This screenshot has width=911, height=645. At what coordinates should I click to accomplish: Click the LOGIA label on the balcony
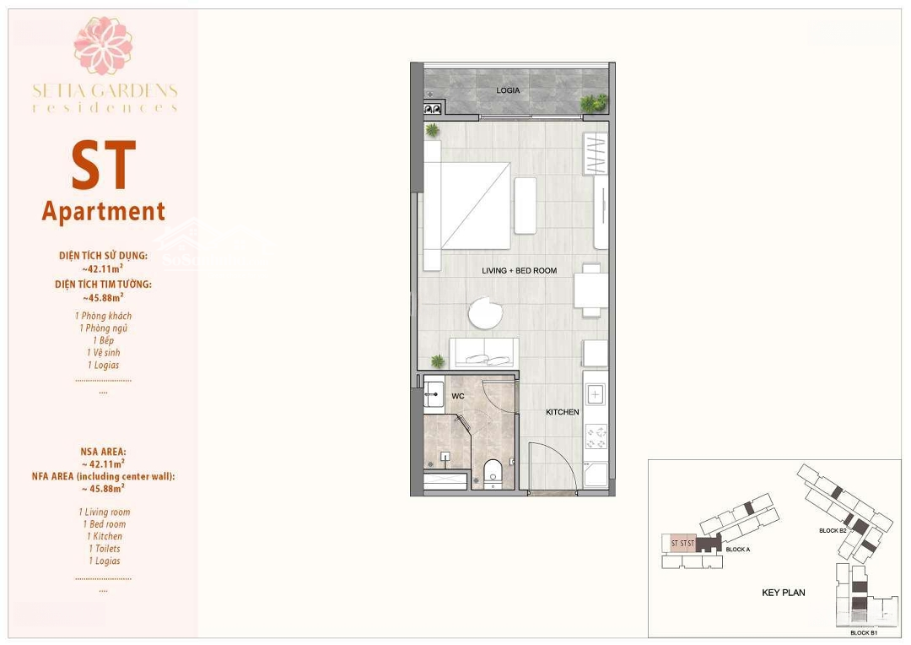[508, 90]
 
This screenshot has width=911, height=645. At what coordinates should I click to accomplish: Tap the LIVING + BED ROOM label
[519, 270]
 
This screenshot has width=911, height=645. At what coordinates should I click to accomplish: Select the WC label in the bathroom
[458, 396]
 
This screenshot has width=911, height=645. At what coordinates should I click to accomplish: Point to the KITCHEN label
[563, 412]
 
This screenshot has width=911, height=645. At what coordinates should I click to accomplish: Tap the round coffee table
[486, 313]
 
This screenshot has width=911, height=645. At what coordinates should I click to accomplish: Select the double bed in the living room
[467, 205]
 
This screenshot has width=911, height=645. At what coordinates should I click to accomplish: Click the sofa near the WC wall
[484, 352]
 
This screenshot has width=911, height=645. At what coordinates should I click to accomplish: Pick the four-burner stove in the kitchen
[596, 436]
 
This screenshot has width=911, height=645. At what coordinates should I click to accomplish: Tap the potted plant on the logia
[593, 103]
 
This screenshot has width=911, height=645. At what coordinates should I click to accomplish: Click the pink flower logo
[104, 46]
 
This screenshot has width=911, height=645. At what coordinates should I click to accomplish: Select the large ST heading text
[104, 165]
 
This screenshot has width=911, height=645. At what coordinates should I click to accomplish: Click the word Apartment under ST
[104, 212]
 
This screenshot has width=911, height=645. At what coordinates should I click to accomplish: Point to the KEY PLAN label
[783, 593]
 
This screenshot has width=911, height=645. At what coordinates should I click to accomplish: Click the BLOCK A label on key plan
[738, 550]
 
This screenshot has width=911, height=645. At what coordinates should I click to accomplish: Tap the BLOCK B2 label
[833, 530]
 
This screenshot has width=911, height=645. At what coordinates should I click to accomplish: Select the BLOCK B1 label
[864, 633]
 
